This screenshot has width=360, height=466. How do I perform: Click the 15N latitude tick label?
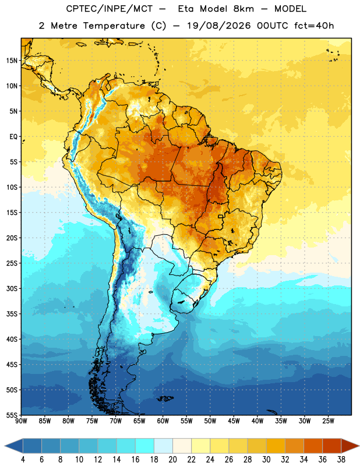pyautogui.click(x=12, y=61)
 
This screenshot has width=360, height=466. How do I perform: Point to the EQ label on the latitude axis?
pyautogui.click(x=13, y=137)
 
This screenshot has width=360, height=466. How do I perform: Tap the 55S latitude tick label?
pyautogui.click(x=12, y=415)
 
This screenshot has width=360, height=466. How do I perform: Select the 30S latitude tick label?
pyautogui.click(x=12, y=288)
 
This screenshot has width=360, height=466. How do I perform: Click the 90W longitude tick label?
pyautogui.click(x=21, y=421)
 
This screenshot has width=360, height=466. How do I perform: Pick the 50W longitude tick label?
pyautogui.click(x=210, y=421)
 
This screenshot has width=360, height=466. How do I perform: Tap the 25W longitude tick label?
pyautogui.click(x=328, y=421)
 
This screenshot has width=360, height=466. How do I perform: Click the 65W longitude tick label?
pyautogui.click(x=139, y=421)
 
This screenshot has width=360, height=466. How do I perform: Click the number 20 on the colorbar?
pyautogui.click(x=172, y=460)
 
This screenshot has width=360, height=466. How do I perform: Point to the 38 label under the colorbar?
pyautogui.click(x=341, y=460)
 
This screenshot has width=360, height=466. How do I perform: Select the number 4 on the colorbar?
pyautogui.click(x=23, y=460)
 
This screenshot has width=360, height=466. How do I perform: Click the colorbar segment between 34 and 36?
pyautogui.click(x=313, y=446)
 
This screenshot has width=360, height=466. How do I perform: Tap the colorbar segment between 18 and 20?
pyautogui.click(x=163, y=446)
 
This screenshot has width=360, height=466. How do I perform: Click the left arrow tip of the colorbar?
pyautogui.click(x=5, y=446)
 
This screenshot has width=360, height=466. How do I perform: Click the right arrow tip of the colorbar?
pyautogui.click(x=359, y=446)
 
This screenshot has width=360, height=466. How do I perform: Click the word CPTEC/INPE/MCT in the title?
pyautogui.click(x=110, y=9)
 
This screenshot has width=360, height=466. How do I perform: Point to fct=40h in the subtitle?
pyautogui.click(x=314, y=26)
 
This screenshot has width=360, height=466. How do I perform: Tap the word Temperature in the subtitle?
pyautogui.click(x=114, y=26)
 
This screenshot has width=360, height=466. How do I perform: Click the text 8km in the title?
pyautogui.click(x=243, y=9)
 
